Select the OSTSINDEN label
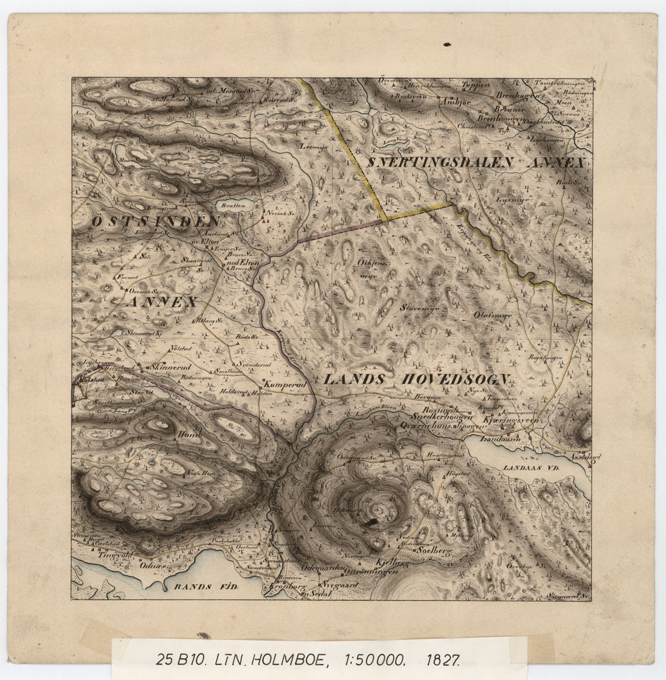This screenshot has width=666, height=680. pyautogui.click(x=156, y=222)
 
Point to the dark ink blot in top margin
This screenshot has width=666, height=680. pyautogui.click(x=447, y=43)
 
